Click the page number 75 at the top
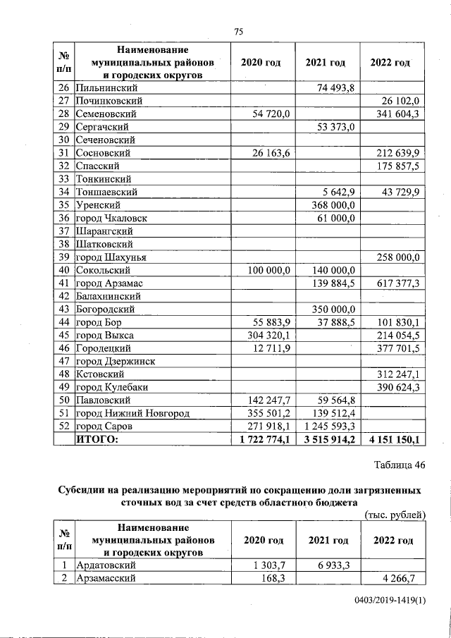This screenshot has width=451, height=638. tap(238, 32)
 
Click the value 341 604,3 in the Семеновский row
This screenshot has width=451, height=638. tap(399, 114)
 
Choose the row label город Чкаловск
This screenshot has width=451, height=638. tap(108, 218)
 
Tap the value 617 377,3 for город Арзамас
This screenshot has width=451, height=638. tap(399, 283)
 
